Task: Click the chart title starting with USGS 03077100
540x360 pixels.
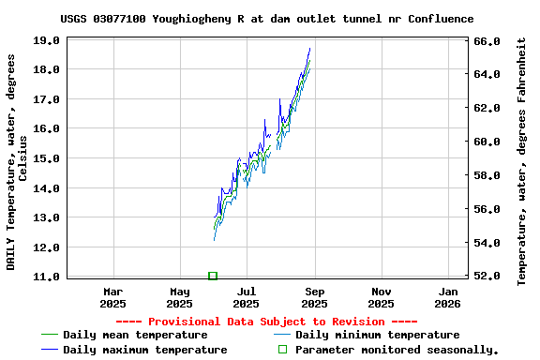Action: tap(266, 18)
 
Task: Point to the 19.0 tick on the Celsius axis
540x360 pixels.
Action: tap(47, 40)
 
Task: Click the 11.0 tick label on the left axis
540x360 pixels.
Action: tap(47, 277)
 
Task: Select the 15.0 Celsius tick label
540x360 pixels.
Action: tap(47, 158)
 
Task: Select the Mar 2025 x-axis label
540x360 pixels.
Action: tap(112, 297)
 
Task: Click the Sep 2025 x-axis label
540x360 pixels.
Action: tap(314, 297)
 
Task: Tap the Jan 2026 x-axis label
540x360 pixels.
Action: tap(448, 297)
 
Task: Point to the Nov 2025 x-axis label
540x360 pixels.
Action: tap(381, 297)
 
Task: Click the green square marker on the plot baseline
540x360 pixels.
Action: tap(213, 276)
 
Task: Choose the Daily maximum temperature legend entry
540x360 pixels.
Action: tap(144, 350)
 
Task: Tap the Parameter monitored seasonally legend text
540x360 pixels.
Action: tap(397, 350)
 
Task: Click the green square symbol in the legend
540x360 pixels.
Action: tap(282, 350)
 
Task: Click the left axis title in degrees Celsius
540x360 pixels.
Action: tap(17, 161)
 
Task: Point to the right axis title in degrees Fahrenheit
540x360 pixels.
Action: tap(522, 161)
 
